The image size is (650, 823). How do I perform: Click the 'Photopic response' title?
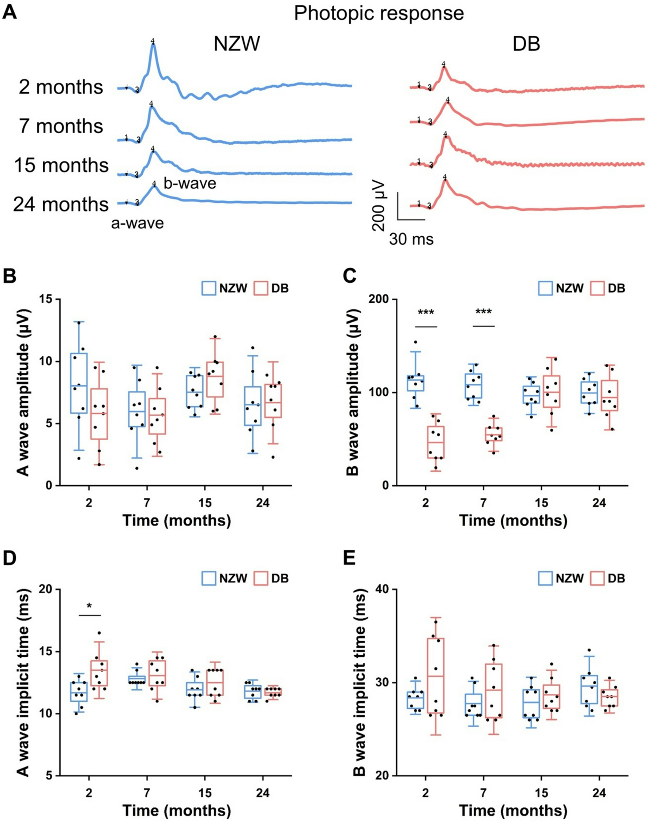click(378, 13)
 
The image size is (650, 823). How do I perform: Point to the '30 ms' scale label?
click(411, 239)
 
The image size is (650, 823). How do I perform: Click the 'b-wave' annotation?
click(190, 183)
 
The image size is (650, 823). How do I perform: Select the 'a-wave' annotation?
click(138, 223)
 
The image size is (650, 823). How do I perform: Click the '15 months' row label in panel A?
click(61, 165)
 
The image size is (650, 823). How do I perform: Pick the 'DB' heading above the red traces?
click(526, 44)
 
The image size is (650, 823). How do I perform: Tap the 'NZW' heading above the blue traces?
click(237, 44)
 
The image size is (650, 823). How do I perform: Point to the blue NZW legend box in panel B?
click(209, 288)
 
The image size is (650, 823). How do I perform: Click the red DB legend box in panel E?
click(597, 578)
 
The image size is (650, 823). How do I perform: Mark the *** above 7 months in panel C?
click(483, 313)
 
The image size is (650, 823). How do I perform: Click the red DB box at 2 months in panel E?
click(435, 675)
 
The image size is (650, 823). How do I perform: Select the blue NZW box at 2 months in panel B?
click(79, 383)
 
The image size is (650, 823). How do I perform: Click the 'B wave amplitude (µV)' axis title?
click(353, 392)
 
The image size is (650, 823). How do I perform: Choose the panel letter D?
click(9, 559)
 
